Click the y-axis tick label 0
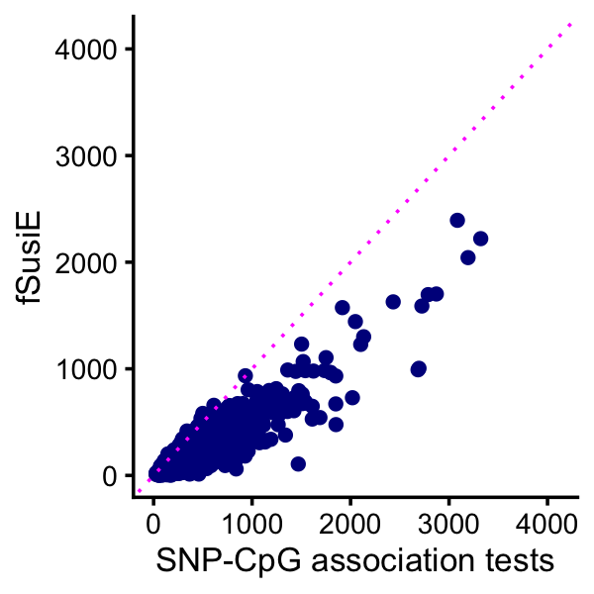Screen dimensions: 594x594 [111, 476]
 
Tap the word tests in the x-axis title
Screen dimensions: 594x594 [518, 560]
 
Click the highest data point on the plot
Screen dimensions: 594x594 [457, 221]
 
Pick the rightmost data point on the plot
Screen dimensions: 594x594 [481, 239]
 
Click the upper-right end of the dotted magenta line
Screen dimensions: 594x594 [572, 24]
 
